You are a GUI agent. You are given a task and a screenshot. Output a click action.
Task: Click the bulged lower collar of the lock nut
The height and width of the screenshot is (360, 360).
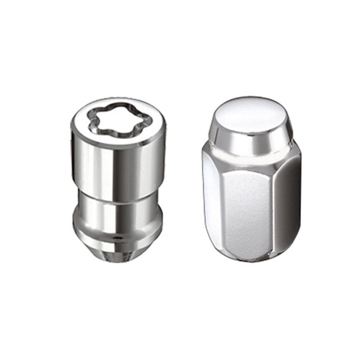coord(116,221)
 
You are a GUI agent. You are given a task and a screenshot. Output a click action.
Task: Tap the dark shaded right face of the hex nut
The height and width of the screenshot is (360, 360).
coord(287,207)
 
